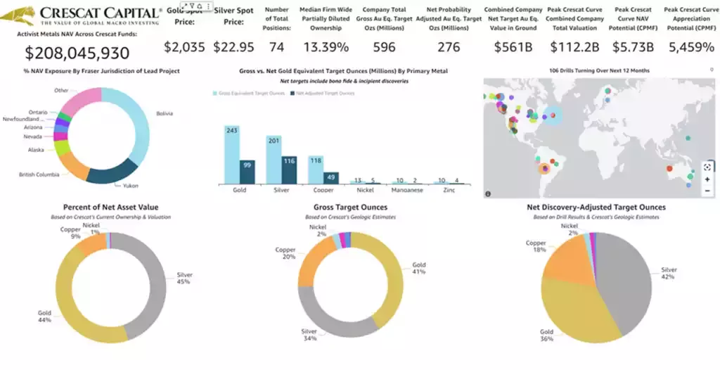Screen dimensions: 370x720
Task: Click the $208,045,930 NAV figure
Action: [77, 53]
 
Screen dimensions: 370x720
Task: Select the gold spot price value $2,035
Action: [184, 47]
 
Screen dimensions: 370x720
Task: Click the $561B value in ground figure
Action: [514, 47]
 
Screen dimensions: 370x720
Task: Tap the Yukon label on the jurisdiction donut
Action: [129, 186]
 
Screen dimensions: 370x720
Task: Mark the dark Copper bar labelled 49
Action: [330, 177]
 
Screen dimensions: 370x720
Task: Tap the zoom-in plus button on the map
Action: [707, 179]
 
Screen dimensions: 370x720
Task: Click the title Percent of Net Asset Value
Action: [111, 208]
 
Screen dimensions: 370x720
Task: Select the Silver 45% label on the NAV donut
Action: [185, 279]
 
